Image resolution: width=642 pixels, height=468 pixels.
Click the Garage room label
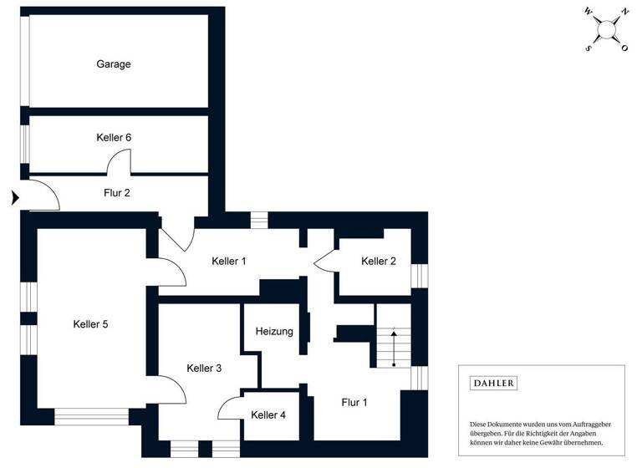point(114,64)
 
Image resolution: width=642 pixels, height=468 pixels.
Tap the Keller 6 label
point(114,137)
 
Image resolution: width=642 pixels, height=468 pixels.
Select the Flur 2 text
point(116,192)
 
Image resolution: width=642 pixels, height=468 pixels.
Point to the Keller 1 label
point(229,262)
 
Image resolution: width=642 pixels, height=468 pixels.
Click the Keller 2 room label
point(379,262)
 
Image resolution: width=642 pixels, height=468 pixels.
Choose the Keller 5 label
point(90,324)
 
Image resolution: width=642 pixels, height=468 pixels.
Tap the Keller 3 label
point(204,369)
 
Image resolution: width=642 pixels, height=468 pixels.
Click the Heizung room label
point(275,332)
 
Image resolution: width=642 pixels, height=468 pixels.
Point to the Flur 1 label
point(354,402)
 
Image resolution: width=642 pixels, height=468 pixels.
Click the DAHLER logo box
point(494,384)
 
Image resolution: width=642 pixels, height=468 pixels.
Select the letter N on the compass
point(623,13)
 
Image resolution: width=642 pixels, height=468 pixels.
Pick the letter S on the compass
point(588,48)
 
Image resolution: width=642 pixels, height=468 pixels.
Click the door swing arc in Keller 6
point(119,161)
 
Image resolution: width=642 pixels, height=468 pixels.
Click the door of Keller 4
point(229,407)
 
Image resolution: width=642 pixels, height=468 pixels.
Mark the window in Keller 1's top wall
point(259,220)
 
